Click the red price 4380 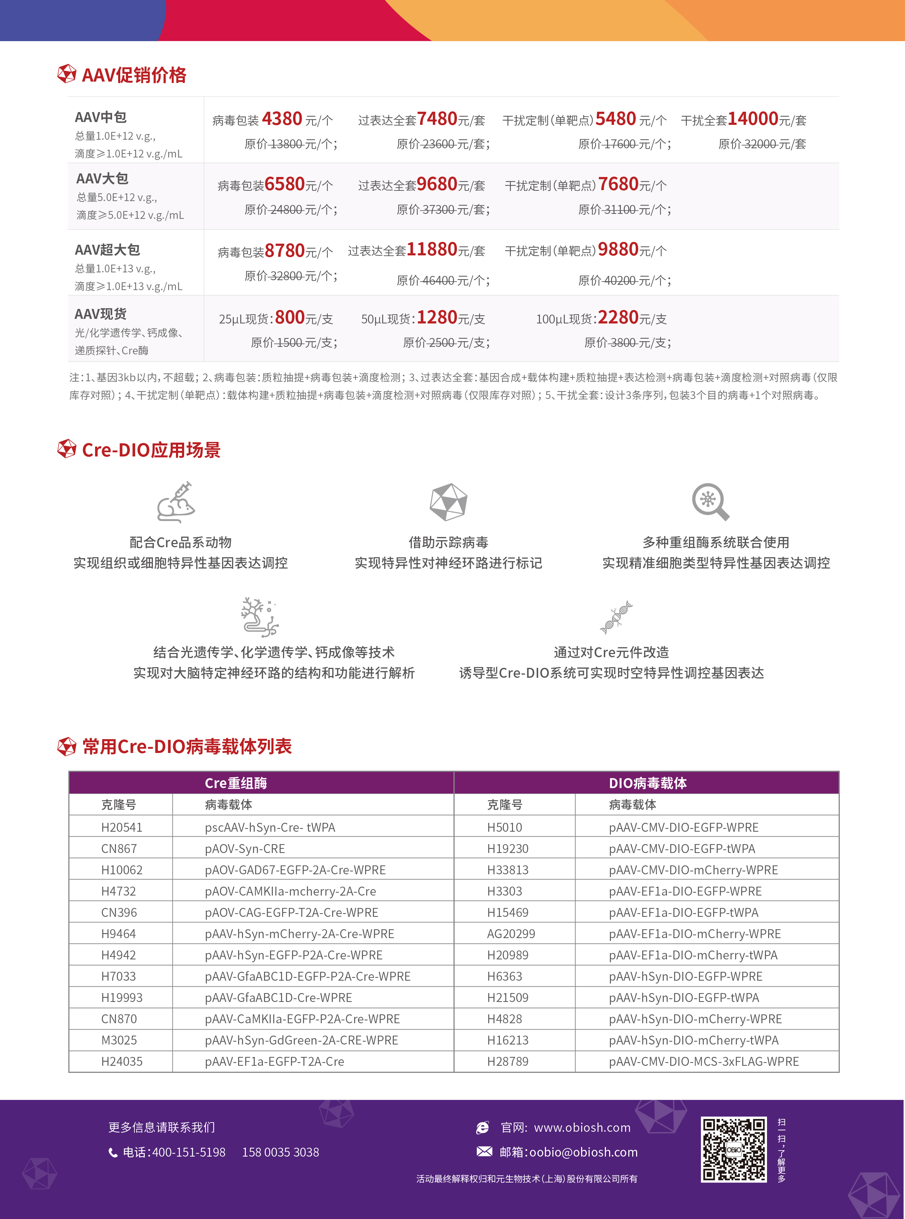pyautogui.click(x=282, y=119)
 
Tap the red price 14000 pyautogui.click(x=753, y=119)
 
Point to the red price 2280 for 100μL pyautogui.click(x=618, y=318)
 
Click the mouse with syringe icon pyautogui.click(x=176, y=502)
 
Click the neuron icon pyautogui.click(x=259, y=617)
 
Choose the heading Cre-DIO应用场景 pyautogui.click(x=151, y=450)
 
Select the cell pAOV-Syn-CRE pyautogui.click(x=245, y=849)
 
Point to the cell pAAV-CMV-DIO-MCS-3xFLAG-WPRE pyautogui.click(x=704, y=1061)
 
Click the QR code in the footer pyautogui.click(x=734, y=1149)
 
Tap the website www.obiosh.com pyautogui.click(x=582, y=1127)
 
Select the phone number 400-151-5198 pyautogui.click(x=188, y=1152)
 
